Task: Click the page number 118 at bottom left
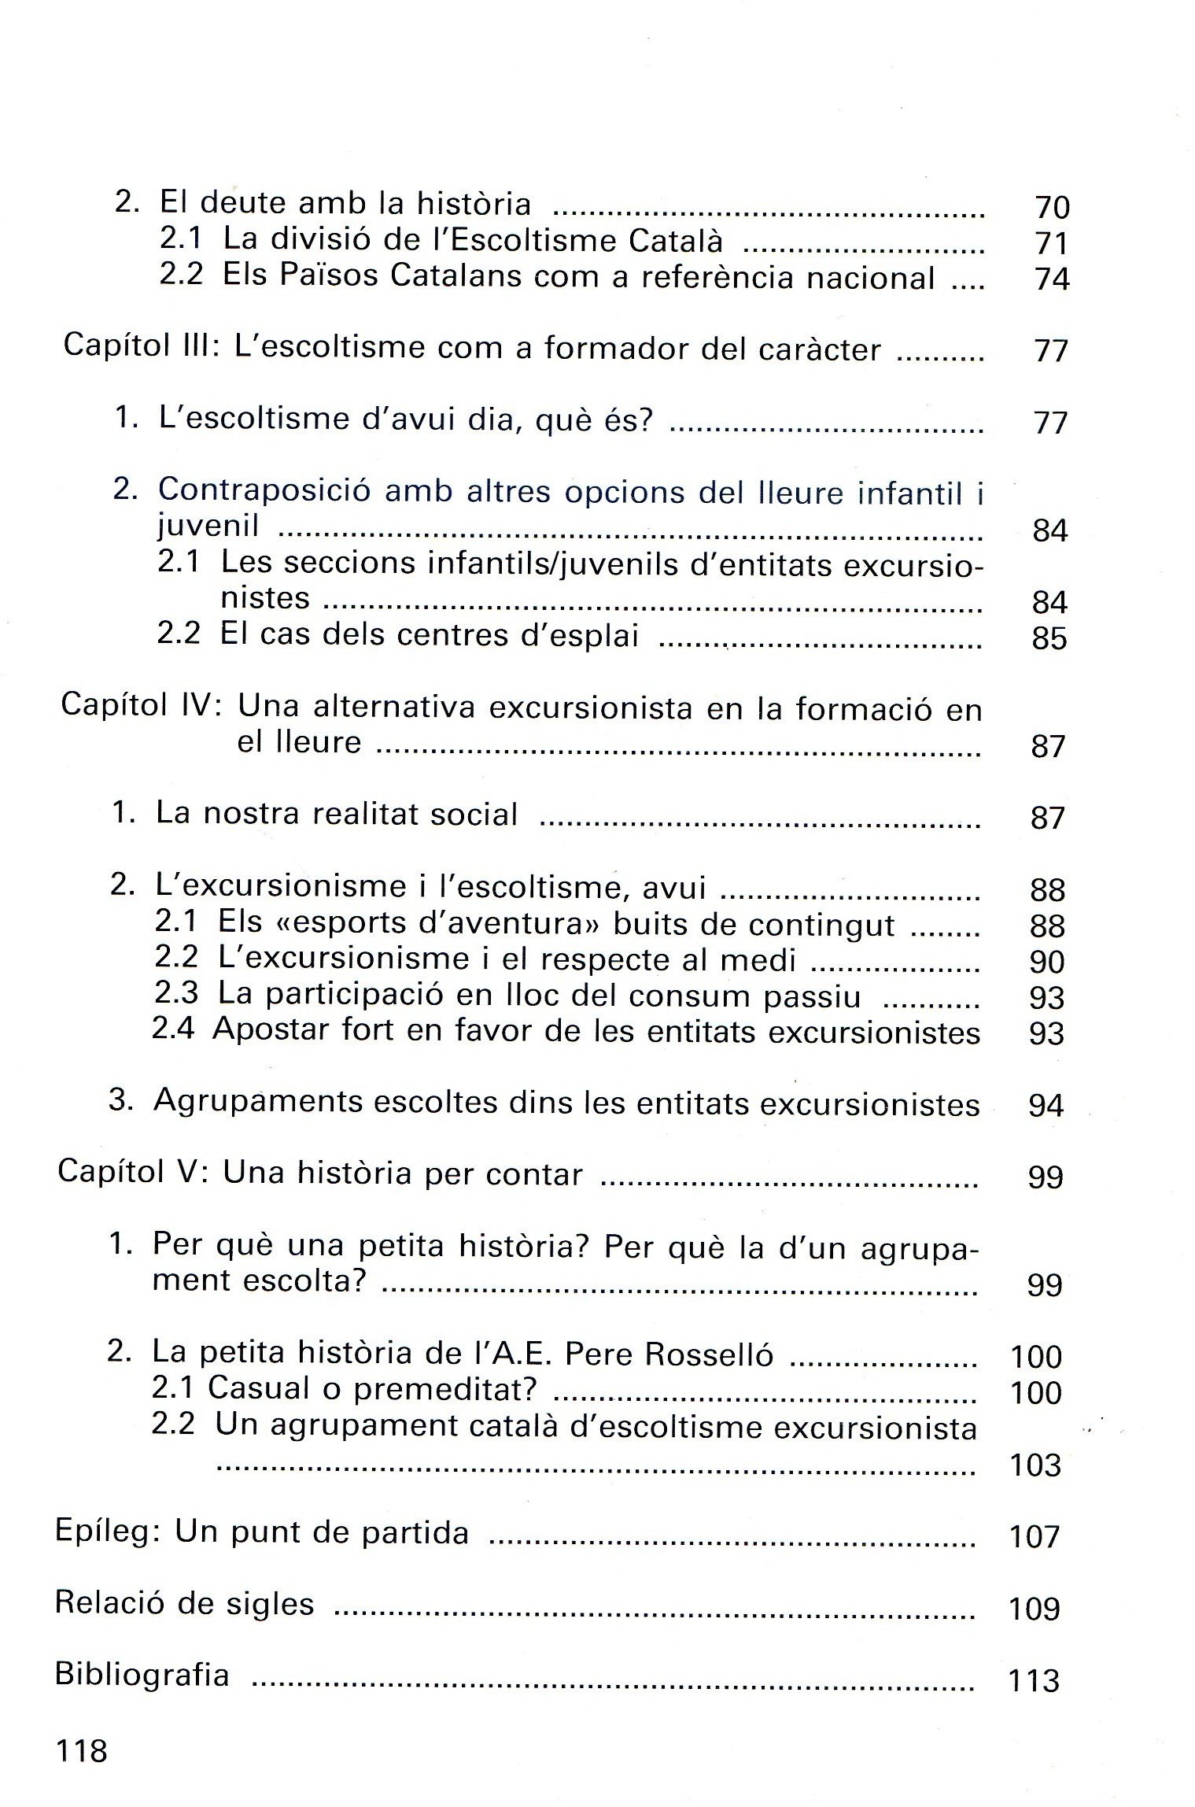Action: (81, 1751)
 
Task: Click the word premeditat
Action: (444, 1390)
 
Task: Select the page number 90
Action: (1046, 962)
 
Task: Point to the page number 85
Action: (1049, 637)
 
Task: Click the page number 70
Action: (1052, 207)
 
